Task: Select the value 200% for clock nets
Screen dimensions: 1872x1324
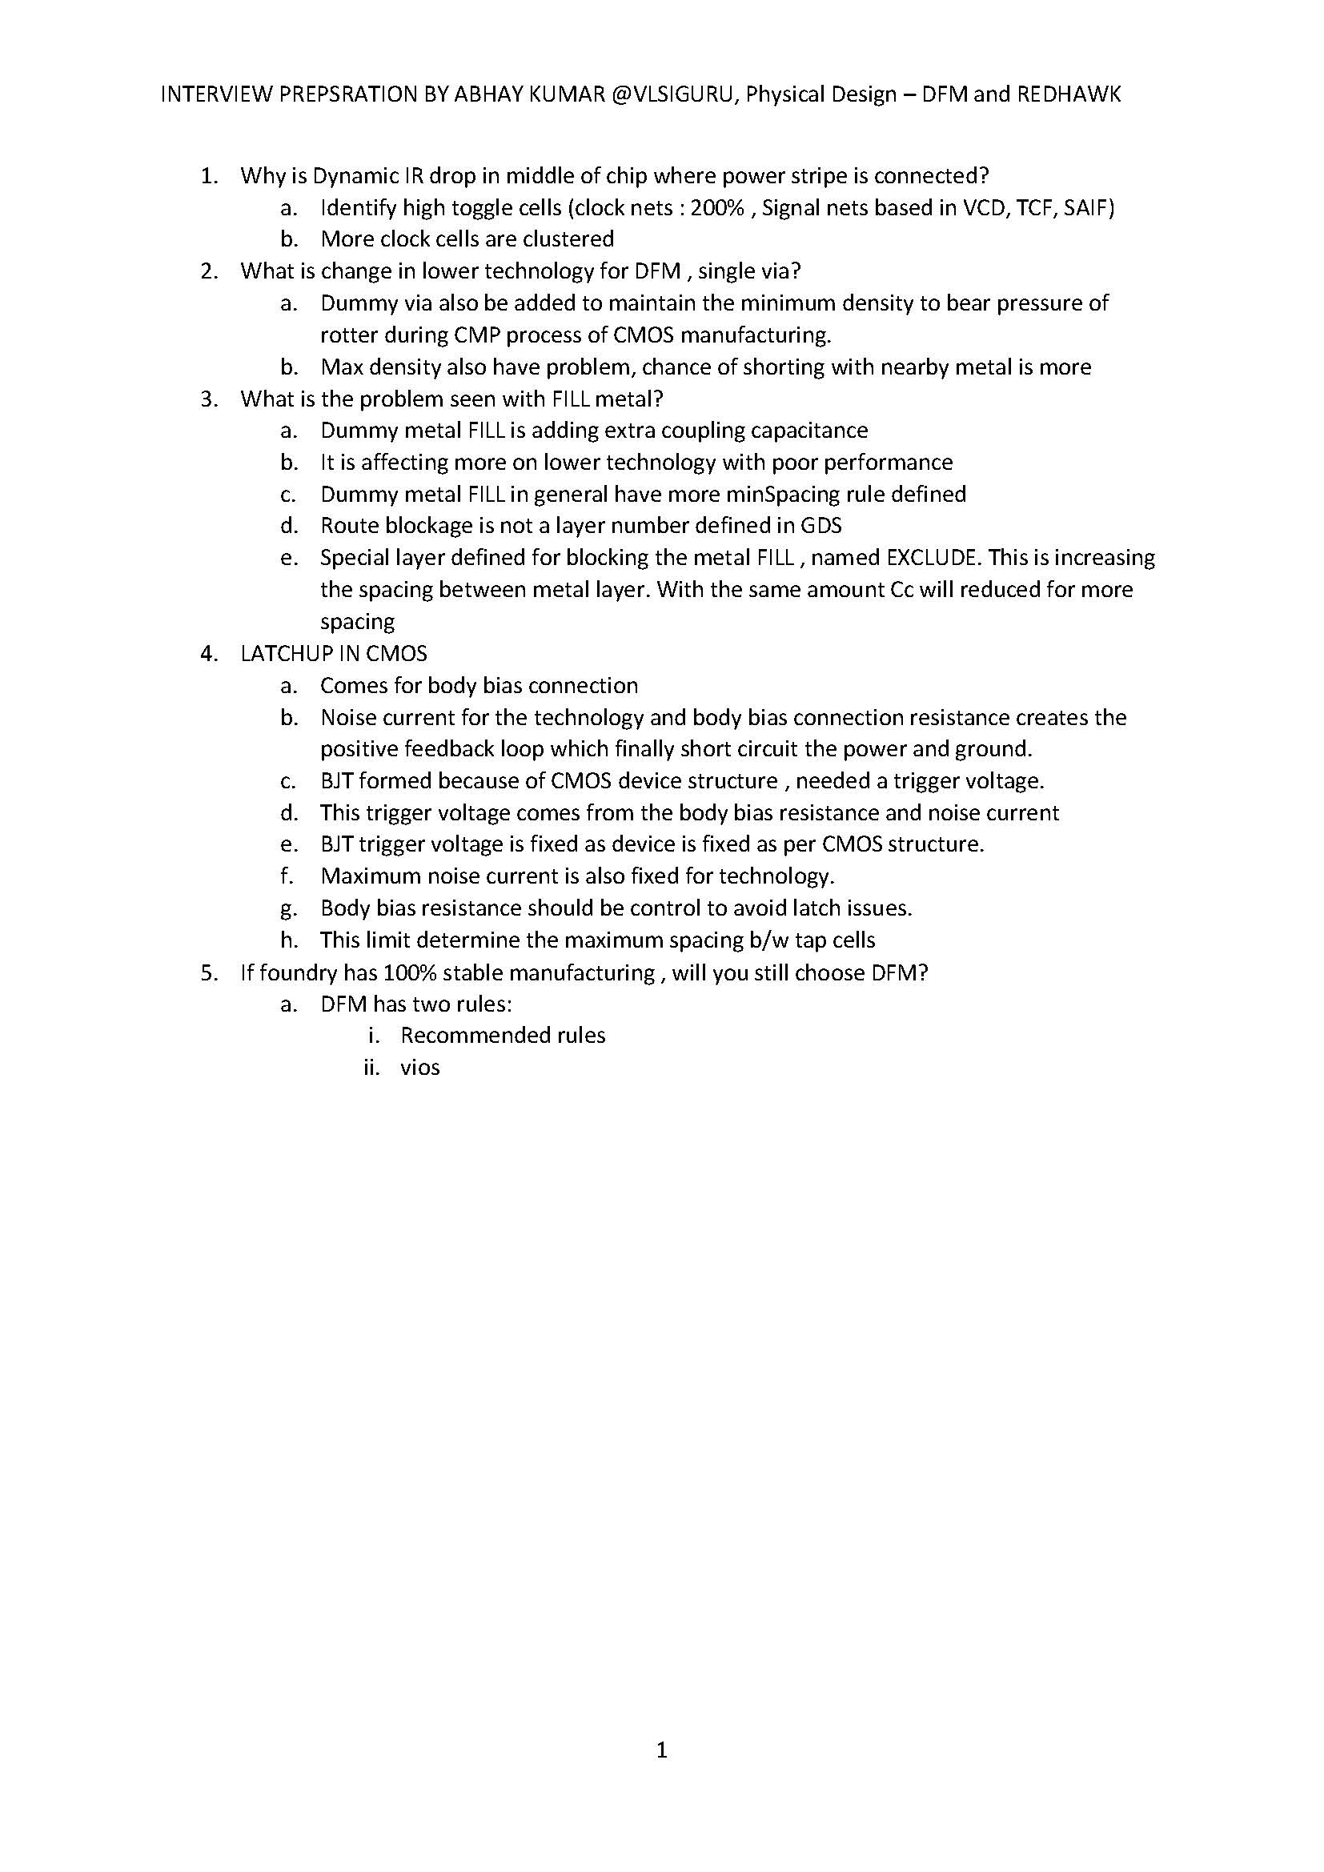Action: coord(717,208)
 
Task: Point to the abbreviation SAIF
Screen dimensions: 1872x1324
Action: coord(1089,208)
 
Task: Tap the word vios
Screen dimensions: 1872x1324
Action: coord(420,1068)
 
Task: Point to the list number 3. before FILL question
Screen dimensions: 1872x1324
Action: coord(210,399)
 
